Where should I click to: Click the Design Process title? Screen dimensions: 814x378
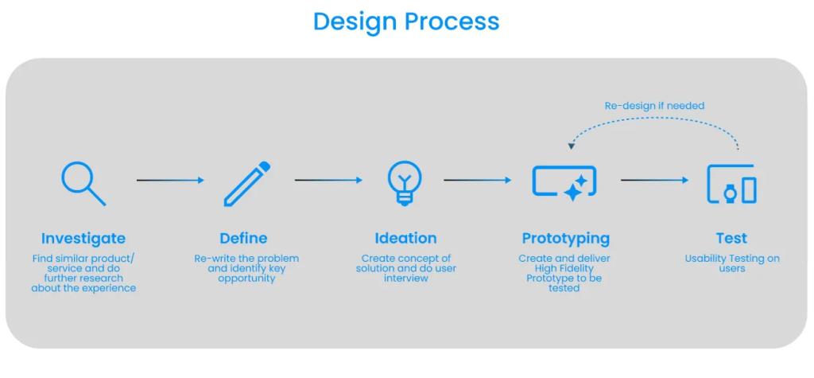406,21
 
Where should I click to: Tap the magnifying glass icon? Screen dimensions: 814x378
83,184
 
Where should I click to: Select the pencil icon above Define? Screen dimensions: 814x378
247,184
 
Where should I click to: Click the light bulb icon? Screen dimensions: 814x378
405,182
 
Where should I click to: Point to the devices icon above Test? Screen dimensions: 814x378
731,184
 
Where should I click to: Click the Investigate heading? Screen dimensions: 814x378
83,239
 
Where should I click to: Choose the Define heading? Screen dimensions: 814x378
243,239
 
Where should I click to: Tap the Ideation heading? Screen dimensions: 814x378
406,239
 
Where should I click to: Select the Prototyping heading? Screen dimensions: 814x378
566,239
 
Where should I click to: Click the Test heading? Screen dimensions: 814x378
732,239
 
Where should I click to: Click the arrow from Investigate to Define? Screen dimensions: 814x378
170,181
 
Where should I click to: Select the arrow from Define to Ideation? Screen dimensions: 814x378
328,181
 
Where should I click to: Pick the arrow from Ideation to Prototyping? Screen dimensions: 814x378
478,181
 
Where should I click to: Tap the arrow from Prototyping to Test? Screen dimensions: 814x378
655,181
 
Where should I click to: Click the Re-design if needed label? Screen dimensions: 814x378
654,106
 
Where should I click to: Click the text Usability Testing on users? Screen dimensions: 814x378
732,263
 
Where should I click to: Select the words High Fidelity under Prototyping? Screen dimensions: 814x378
564,268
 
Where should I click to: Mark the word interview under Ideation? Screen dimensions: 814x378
406,279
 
